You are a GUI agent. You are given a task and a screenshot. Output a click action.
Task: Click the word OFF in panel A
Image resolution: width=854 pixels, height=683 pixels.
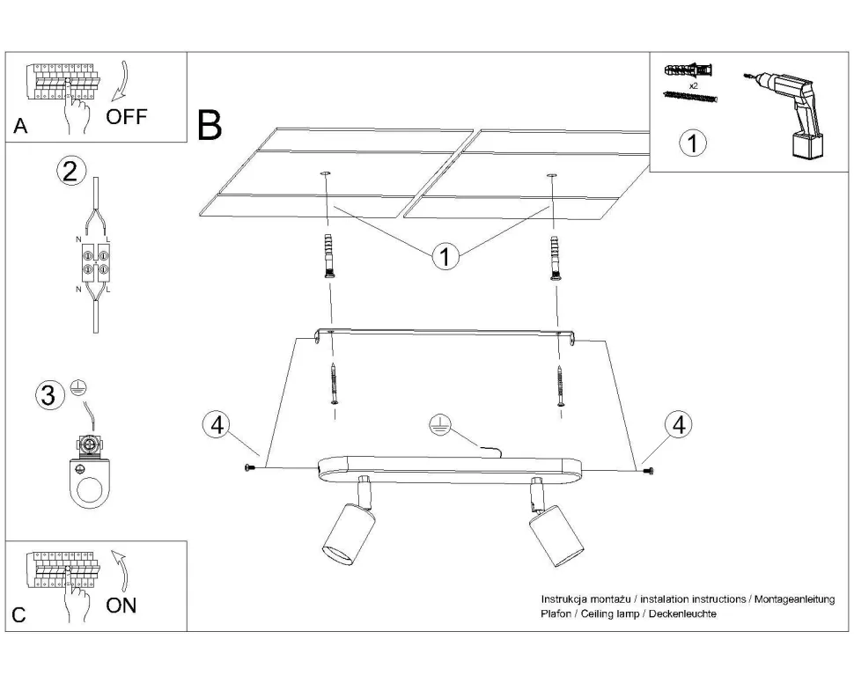click(127, 117)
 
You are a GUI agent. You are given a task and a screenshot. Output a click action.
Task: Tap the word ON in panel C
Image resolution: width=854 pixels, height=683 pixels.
click(121, 605)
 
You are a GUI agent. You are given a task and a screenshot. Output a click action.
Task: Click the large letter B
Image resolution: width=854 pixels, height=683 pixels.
click(210, 126)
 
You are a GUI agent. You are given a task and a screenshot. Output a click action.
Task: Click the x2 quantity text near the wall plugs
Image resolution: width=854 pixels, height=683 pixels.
click(693, 86)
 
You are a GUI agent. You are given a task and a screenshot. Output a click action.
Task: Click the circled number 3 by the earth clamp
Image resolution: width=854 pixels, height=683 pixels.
click(51, 395)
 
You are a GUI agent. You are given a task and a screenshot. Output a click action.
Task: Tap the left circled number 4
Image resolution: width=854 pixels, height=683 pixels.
click(215, 424)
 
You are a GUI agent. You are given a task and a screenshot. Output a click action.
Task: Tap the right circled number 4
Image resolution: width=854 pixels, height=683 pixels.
click(677, 424)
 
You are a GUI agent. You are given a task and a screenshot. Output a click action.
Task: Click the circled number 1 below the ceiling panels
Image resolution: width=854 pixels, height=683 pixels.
click(445, 256)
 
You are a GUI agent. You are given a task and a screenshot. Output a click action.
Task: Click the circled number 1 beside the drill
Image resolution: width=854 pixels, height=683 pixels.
click(694, 142)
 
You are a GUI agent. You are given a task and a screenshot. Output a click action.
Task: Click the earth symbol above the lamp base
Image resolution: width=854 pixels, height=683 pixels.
click(439, 426)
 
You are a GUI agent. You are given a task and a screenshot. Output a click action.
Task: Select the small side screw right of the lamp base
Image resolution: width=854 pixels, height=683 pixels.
click(650, 472)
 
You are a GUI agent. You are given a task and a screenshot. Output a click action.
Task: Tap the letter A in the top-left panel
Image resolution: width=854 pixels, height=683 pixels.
click(20, 127)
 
